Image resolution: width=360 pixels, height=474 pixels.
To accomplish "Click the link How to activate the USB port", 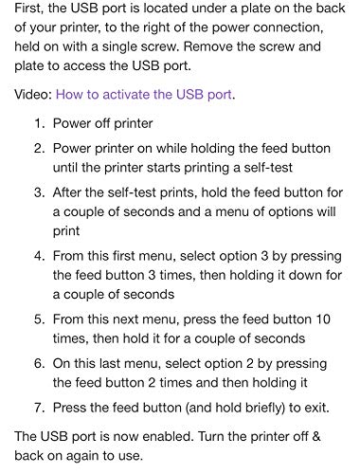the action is point(144,95).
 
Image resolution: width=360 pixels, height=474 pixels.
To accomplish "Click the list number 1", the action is point(39,123).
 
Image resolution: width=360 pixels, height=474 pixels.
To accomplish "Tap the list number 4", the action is point(39,256).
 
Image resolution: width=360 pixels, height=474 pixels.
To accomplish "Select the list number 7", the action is point(39,408).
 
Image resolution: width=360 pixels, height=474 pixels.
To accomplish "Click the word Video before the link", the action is point(33,95).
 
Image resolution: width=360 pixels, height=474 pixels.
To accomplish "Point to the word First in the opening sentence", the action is point(29,8).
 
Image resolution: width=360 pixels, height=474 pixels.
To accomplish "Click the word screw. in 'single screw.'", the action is point(160,46).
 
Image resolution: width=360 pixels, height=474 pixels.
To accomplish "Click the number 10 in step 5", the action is point(323,319).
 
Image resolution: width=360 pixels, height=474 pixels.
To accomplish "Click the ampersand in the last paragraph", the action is point(316,436).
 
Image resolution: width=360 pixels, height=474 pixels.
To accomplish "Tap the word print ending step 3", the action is point(66,231).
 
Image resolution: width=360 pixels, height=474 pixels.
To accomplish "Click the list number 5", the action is point(39,319).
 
